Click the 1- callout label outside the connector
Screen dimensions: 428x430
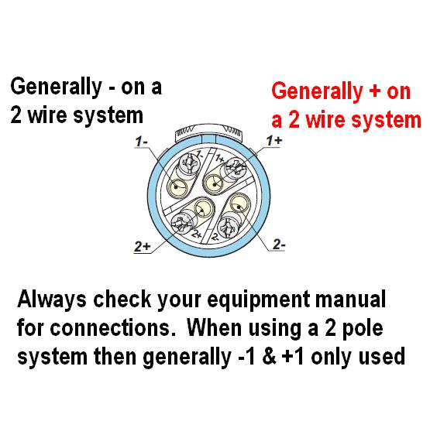(x=141, y=142)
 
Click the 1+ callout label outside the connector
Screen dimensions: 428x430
(x=275, y=139)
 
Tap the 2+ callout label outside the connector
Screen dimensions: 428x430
(x=143, y=247)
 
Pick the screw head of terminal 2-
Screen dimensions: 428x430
(x=230, y=228)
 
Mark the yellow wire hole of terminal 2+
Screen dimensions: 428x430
(x=204, y=207)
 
